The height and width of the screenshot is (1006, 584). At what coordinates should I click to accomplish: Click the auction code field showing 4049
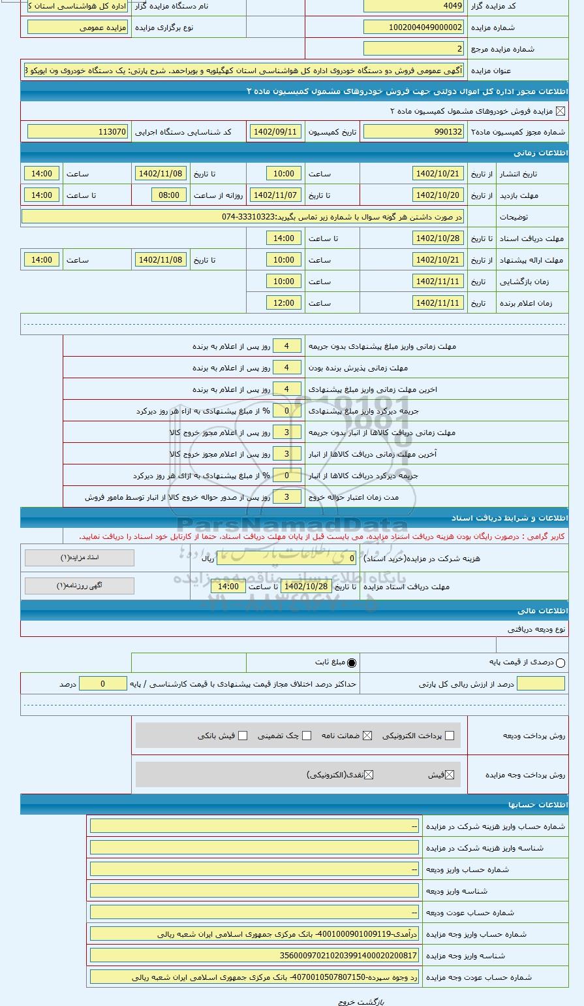click(414, 6)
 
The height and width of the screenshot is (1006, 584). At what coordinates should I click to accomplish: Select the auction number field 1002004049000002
click(414, 27)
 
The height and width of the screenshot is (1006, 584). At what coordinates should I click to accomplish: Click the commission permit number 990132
click(414, 132)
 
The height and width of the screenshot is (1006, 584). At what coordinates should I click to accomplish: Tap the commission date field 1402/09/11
click(275, 132)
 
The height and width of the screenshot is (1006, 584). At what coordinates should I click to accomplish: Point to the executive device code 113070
click(78, 132)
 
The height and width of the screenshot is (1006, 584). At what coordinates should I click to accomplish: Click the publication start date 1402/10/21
click(438, 174)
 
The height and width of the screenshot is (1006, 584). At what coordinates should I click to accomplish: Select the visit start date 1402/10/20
click(438, 195)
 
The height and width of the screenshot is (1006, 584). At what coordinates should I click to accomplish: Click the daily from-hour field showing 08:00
click(169, 195)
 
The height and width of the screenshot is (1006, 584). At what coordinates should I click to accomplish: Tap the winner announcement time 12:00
click(284, 303)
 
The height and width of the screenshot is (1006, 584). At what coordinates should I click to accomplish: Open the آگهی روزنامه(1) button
click(80, 586)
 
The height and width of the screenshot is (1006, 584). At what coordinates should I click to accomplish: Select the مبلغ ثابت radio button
click(352, 662)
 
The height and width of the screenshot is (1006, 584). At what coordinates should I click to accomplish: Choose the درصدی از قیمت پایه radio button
click(561, 662)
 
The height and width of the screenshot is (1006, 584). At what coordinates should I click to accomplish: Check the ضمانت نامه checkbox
click(367, 736)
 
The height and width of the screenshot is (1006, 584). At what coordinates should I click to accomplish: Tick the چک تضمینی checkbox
click(307, 736)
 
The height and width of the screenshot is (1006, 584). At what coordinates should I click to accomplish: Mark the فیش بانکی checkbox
click(243, 736)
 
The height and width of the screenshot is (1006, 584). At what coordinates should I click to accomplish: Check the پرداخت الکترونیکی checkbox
click(448, 736)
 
